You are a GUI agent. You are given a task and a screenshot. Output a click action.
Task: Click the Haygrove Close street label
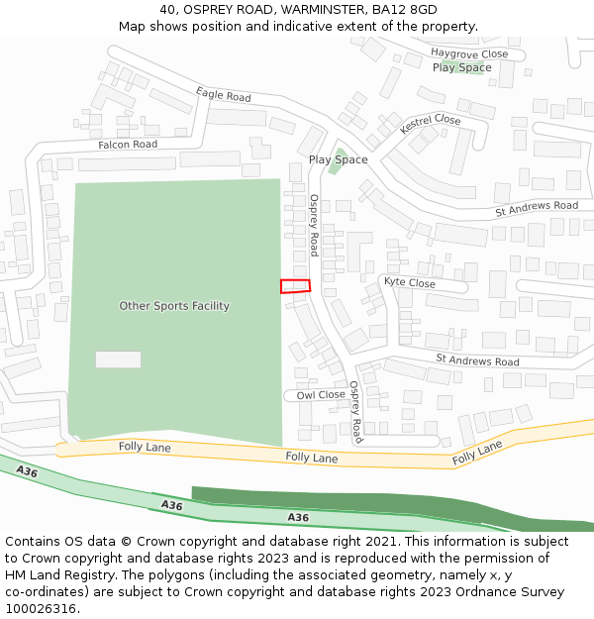[x=469, y=53]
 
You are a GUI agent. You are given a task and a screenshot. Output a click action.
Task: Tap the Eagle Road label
[x=224, y=95]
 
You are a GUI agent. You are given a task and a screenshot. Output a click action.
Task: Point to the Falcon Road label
[x=128, y=145]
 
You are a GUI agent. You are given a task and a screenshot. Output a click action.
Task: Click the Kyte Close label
[x=409, y=283]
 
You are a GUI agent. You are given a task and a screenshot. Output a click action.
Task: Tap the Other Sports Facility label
[x=174, y=306]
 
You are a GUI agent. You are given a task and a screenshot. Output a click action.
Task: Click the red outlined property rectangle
[x=295, y=286]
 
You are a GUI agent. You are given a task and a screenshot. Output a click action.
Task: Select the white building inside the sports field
[x=118, y=360]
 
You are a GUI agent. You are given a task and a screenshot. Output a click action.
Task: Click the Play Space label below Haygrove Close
[x=462, y=67]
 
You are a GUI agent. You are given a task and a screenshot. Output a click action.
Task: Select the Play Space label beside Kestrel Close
[x=338, y=159]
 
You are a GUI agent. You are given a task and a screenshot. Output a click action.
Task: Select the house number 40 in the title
[x=166, y=10]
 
